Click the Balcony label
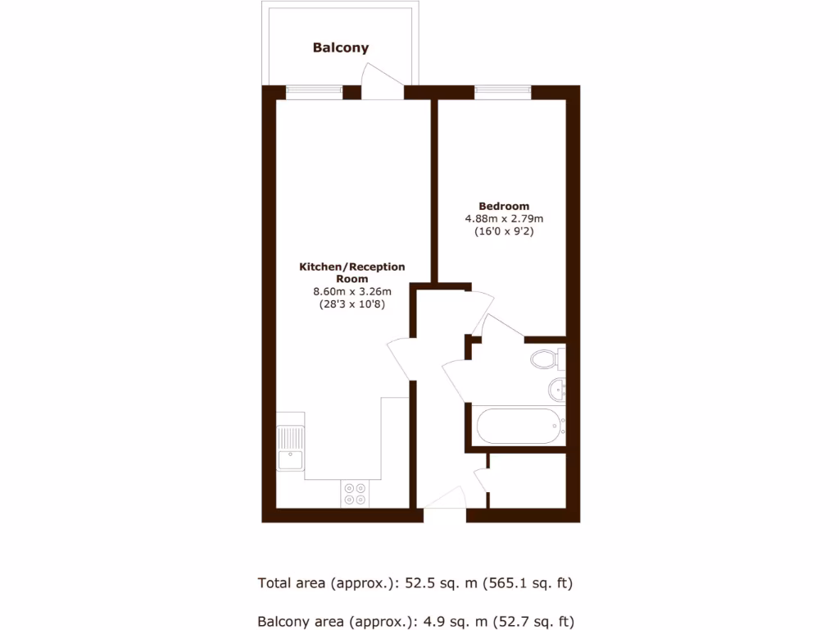(x=340, y=48)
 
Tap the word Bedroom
(x=504, y=206)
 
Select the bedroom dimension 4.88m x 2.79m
(x=504, y=219)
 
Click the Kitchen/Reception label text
(x=351, y=267)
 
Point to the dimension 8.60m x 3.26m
(x=351, y=291)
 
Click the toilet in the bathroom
(x=545, y=358)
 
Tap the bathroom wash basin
(x=556, y=388)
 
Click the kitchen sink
(x=289, y=447)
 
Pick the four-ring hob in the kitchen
(x=356, y=493)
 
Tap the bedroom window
(x=503, y=92)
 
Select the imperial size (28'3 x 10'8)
(x=351, y=304)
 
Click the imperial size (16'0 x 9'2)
(x=504, y=232)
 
